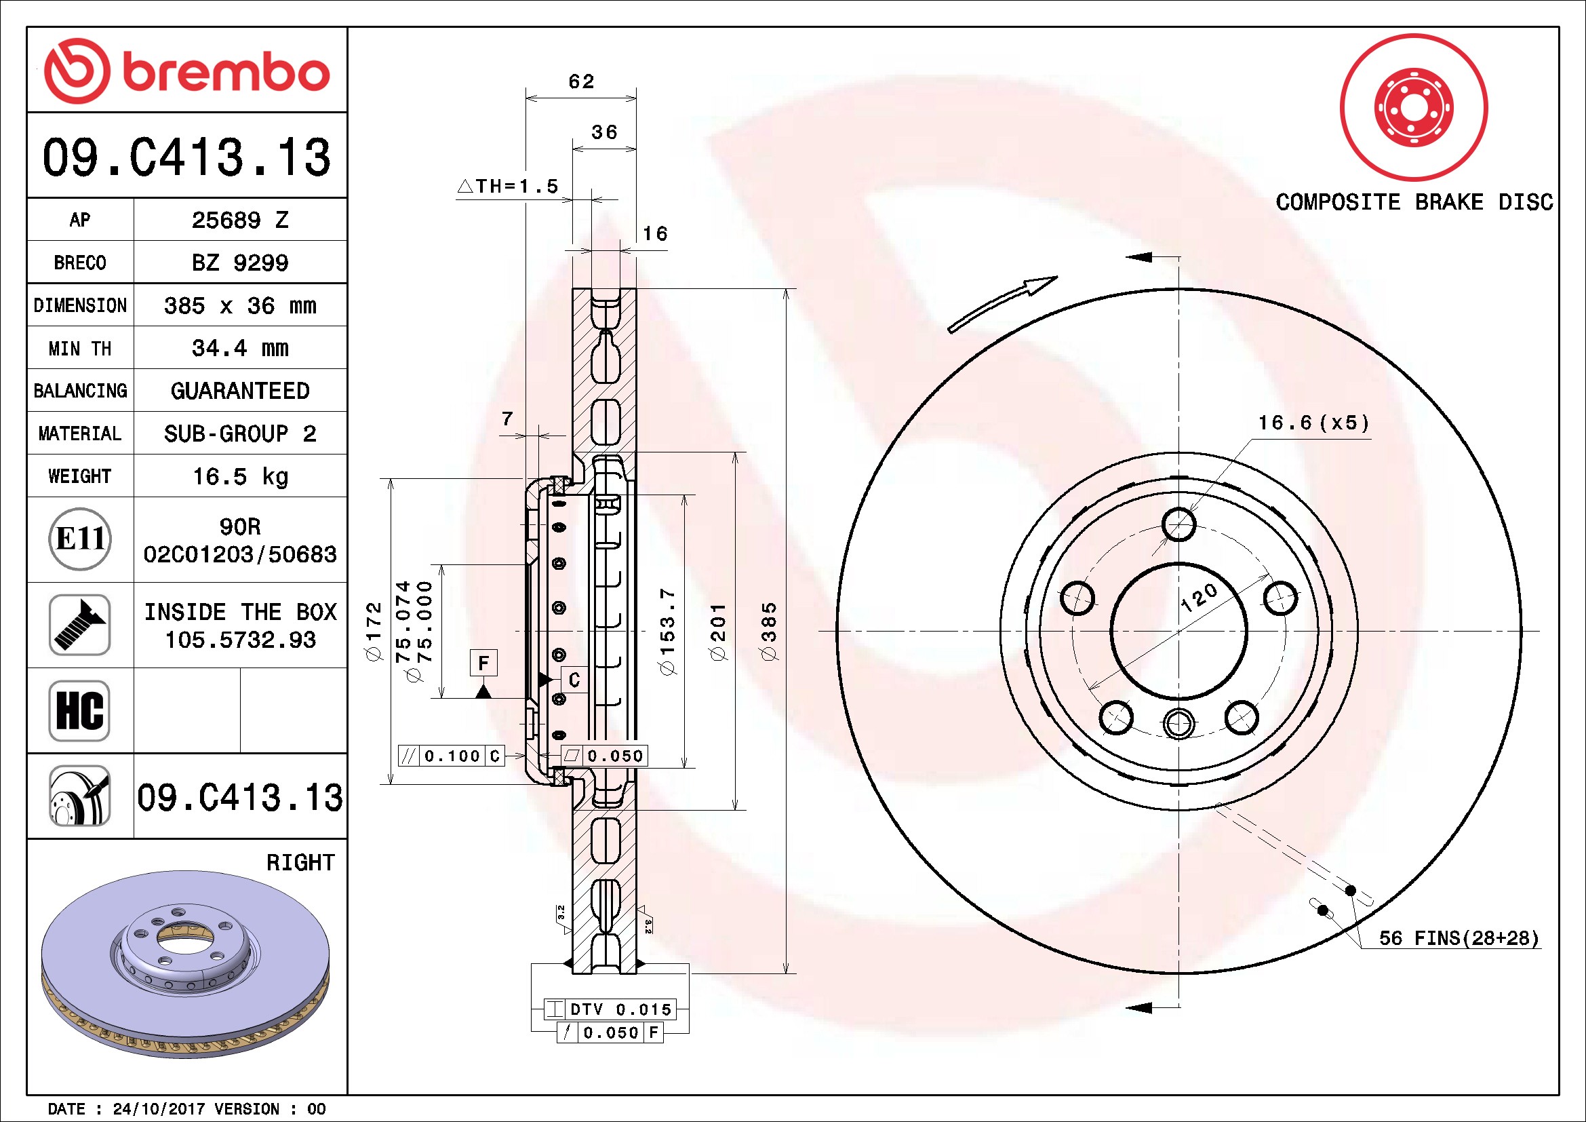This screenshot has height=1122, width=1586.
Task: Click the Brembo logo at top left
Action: (186, 71)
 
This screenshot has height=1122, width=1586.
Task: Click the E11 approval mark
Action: (80, 539)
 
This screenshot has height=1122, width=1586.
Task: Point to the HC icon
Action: (80, 710)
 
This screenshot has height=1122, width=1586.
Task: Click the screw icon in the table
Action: (80, 625)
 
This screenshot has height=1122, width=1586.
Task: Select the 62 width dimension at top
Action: (581, 81)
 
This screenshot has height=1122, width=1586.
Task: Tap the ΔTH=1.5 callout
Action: (508, 186)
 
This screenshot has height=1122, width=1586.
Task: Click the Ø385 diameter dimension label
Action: (769, 632)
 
